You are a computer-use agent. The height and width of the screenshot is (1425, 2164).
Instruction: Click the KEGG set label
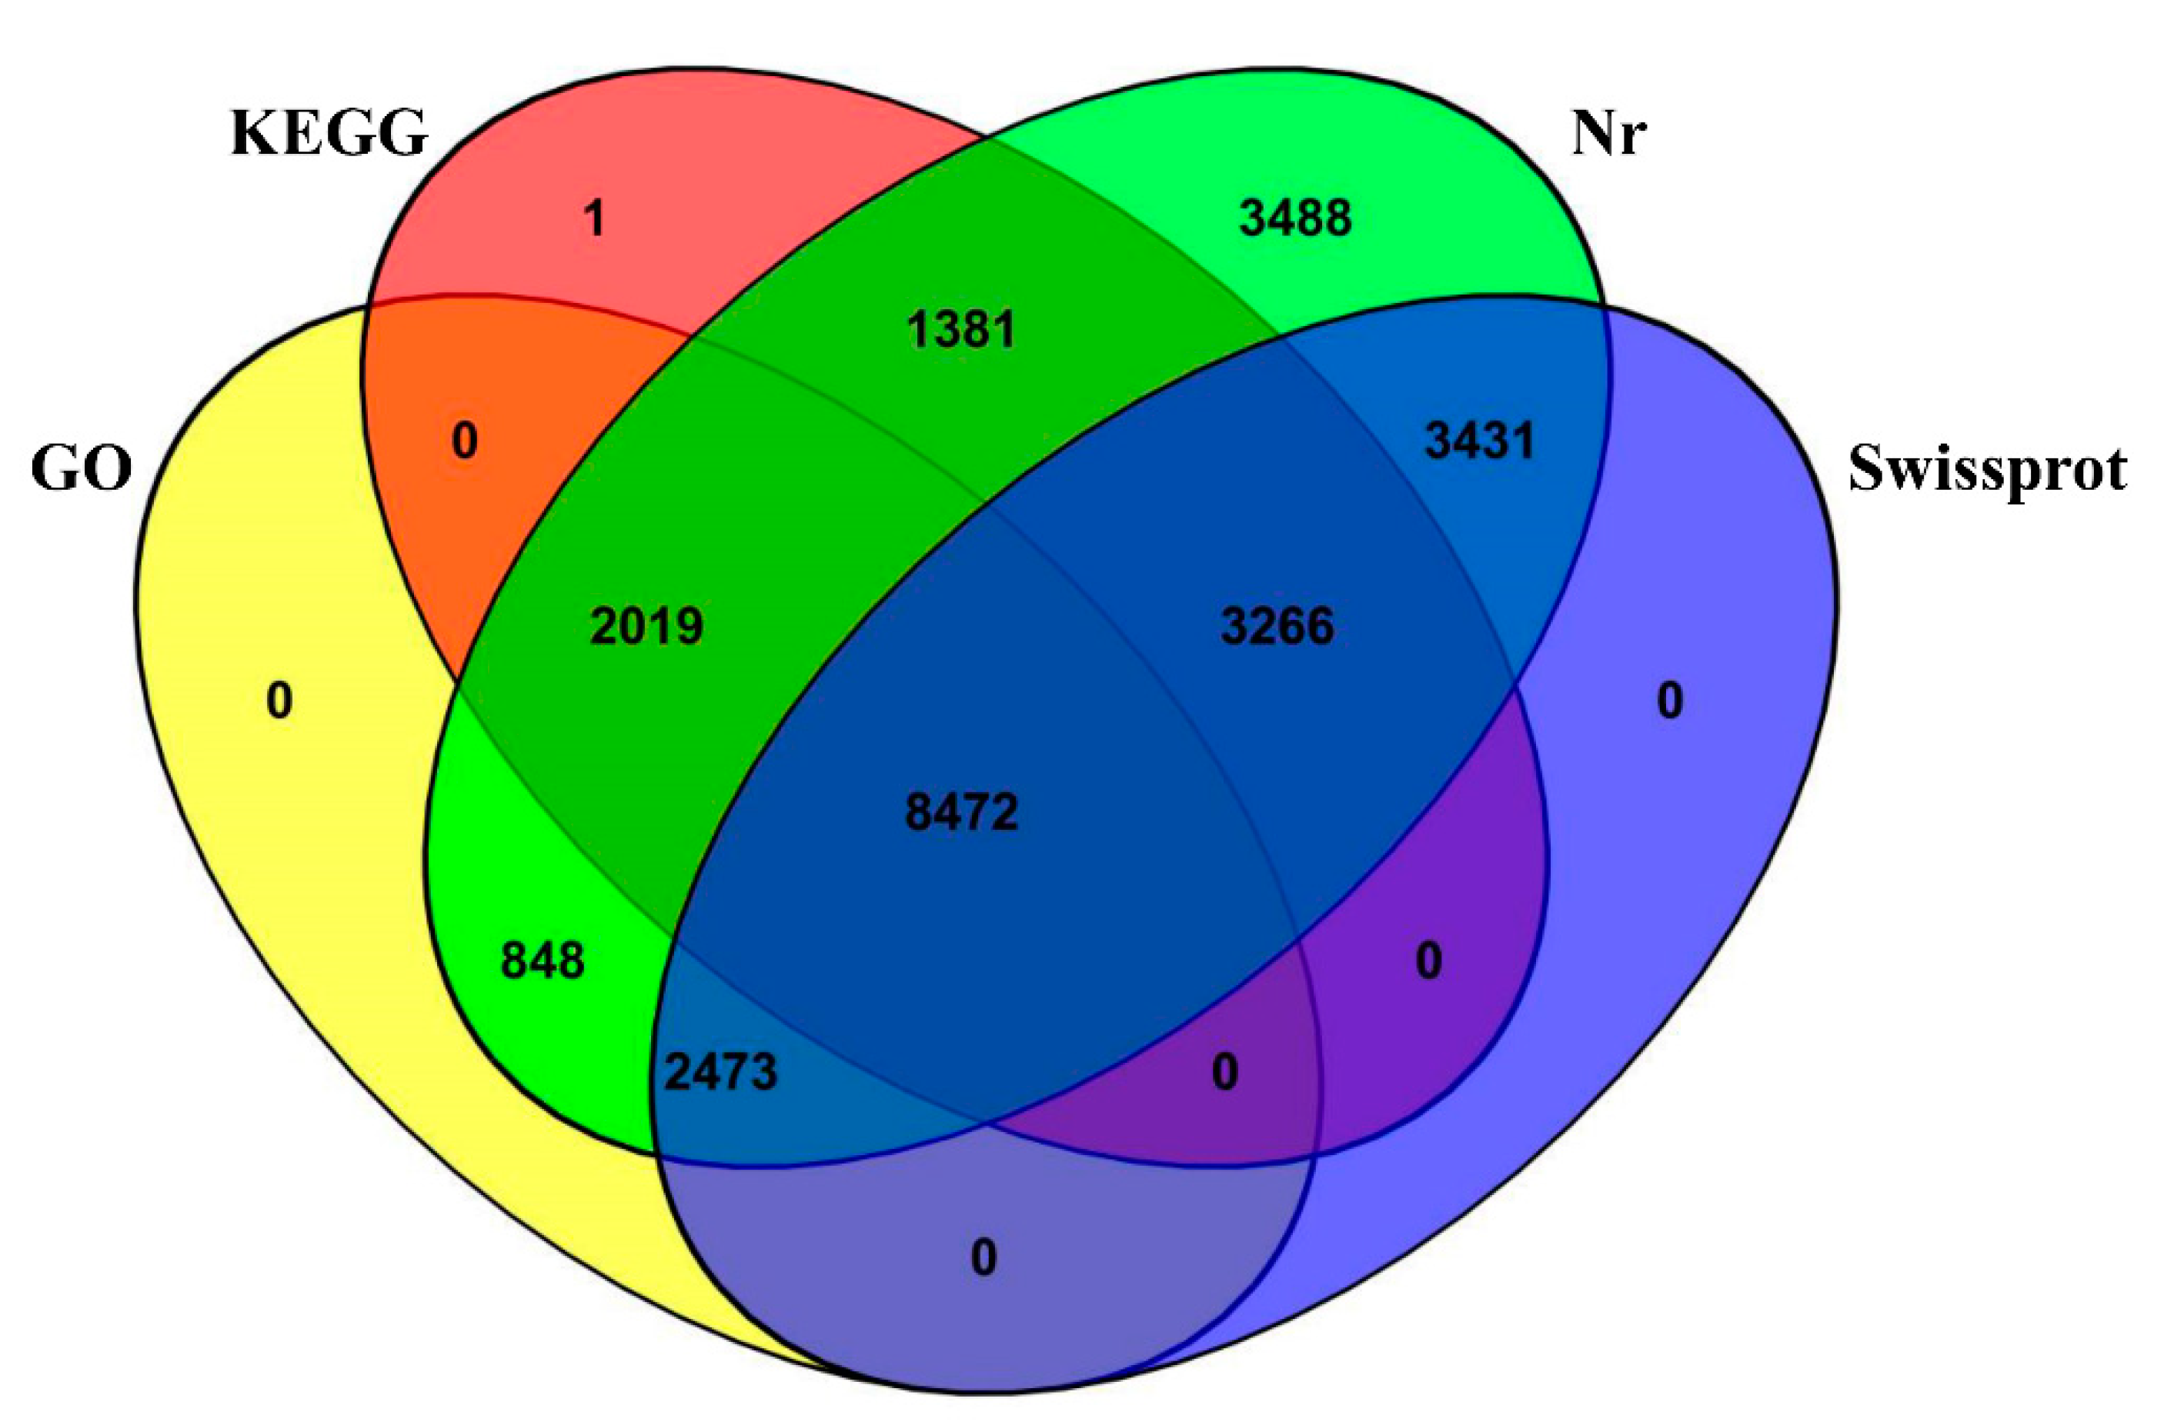329,134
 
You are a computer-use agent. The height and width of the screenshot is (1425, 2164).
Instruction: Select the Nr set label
1608,134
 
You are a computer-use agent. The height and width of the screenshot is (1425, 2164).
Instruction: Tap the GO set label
82,470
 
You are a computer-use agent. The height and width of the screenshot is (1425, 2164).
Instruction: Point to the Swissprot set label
1987,470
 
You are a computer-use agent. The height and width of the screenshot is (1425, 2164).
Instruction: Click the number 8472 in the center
962,811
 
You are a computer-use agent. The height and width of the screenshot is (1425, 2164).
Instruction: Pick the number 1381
961,329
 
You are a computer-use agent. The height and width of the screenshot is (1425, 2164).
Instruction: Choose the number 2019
646,626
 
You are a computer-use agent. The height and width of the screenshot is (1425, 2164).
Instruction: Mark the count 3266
1277,626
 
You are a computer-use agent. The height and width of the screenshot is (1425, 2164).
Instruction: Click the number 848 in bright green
543,961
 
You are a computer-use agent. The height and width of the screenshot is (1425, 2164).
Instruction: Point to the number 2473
721,1072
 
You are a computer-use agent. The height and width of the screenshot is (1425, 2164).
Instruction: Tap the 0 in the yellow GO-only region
279,701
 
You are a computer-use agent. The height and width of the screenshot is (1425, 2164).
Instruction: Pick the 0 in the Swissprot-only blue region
1669,701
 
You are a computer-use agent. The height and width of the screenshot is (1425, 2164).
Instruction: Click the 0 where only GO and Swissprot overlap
983,1259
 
